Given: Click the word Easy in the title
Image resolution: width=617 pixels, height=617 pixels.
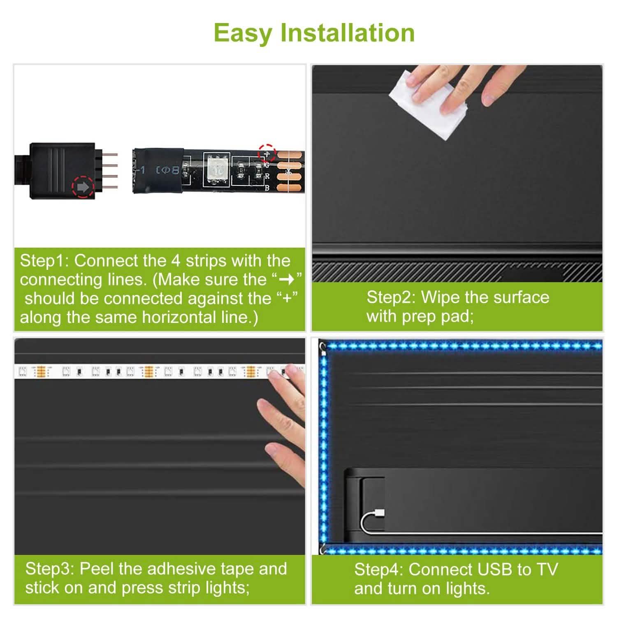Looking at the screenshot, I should tap(243, 33).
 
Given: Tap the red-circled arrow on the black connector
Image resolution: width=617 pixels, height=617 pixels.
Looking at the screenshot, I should tap(83, 188).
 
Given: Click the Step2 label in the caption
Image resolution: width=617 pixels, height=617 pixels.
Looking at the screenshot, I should tap(391, 297).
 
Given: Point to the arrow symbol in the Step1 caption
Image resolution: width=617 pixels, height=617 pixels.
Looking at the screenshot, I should tap(287, 280).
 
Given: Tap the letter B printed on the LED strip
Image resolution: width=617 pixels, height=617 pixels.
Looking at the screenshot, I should tap(267, 188).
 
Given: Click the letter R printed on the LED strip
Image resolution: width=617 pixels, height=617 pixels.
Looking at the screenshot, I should tap(267, 177).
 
